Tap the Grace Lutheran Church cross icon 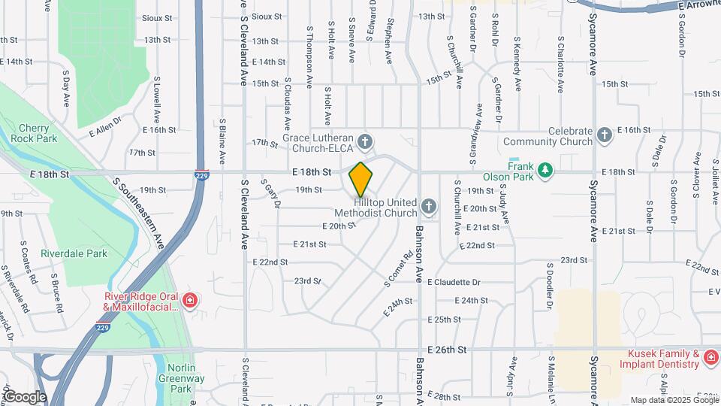[x=365, y=141]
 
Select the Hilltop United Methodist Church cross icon [x=428, y=206]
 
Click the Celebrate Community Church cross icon [x=605, y=136]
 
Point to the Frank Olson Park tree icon [x=546, y=171]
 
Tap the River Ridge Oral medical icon [x=189, y=301]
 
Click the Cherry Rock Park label [x=38, y=133]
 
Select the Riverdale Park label [x=74, y=254]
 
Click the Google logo [x=25, y=396]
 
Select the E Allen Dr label [x=105, y=126]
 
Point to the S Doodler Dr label [x=550, y=286]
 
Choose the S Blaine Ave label [x=223, y=141]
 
